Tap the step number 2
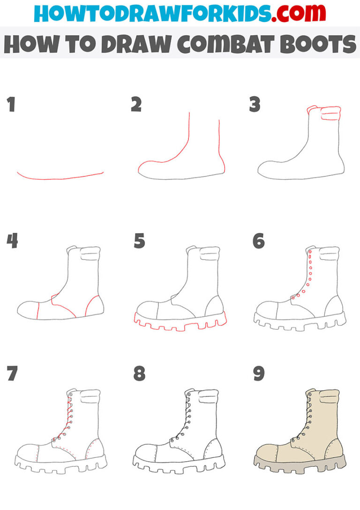click(x=136, y=105)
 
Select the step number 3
click(x=255, y=105)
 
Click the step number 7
click(x=12, y=374)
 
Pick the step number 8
click(x=139, y=374)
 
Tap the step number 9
click(x=258, y=374)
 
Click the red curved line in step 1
click(x=60, y=178)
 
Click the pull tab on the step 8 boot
click(x=209, y=398)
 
